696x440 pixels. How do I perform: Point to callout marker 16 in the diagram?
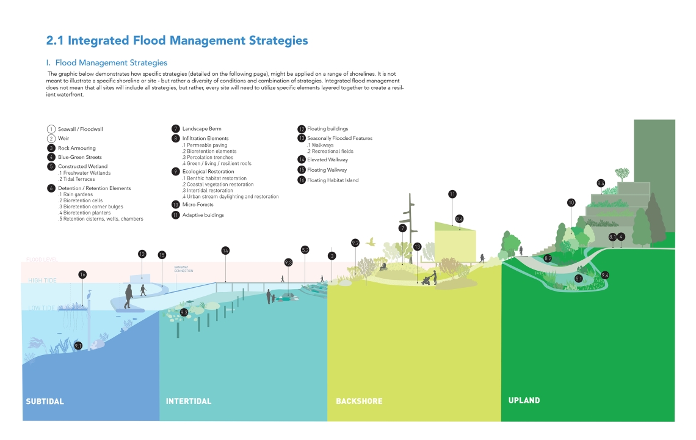82,274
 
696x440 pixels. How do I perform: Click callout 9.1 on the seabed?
78,346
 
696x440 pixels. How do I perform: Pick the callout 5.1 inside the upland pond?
579,279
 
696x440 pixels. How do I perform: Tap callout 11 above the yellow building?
452,194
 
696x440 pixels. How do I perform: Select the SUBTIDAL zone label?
45,402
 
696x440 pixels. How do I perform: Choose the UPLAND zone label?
524,400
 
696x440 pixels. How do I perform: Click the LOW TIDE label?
40,308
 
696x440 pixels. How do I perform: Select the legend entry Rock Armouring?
76,148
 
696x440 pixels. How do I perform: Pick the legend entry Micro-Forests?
198,205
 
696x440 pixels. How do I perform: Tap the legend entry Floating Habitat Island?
332,180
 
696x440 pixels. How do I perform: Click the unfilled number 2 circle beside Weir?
51,139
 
